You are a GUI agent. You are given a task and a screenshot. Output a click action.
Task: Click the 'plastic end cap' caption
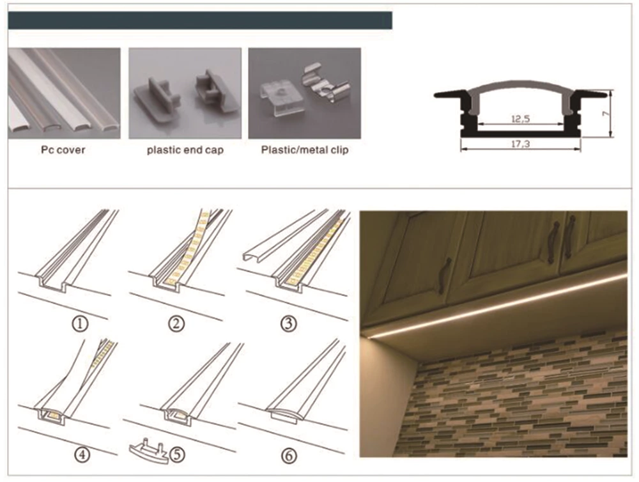(185, 151)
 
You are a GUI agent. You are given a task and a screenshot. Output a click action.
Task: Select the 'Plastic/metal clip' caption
(305, 151)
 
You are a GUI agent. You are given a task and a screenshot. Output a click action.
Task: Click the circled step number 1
(80, 323)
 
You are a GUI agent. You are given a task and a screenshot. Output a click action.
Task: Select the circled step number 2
(176, 323)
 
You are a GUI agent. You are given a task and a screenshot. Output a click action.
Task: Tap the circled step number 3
(289, 323)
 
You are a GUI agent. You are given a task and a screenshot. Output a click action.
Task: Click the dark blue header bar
(200, 20)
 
